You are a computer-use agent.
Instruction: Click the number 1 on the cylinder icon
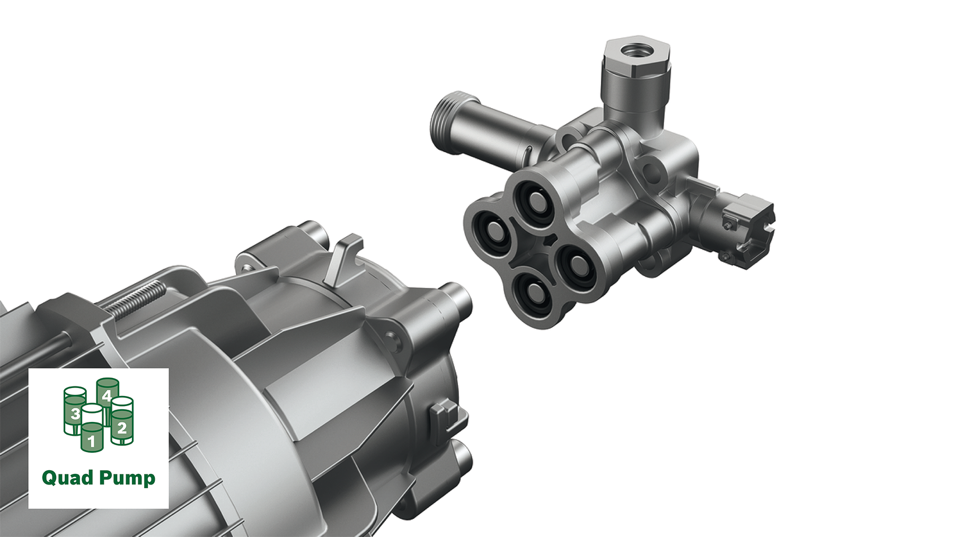pos(91,441)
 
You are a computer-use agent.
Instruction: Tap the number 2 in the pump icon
pos(122,427)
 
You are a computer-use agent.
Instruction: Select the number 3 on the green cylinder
pos(75,413)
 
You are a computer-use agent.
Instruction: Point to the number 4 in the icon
pos(107,395)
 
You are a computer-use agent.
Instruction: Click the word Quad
pos(68,478)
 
